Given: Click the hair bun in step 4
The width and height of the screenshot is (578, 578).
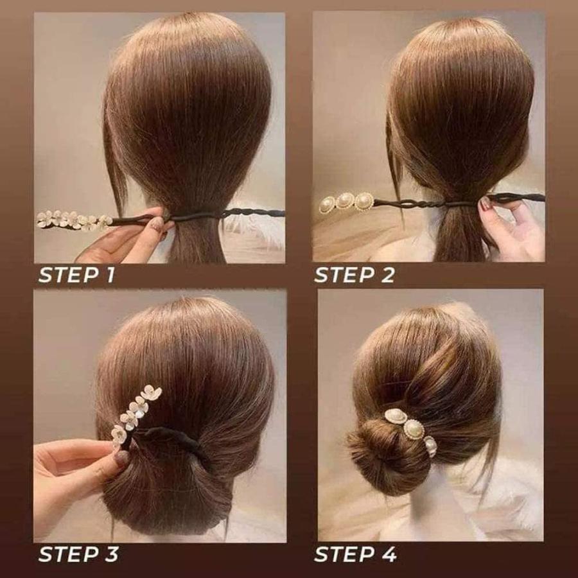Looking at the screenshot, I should pos(379,450).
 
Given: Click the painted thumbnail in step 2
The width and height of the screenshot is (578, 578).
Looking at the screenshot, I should pos(486,204).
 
